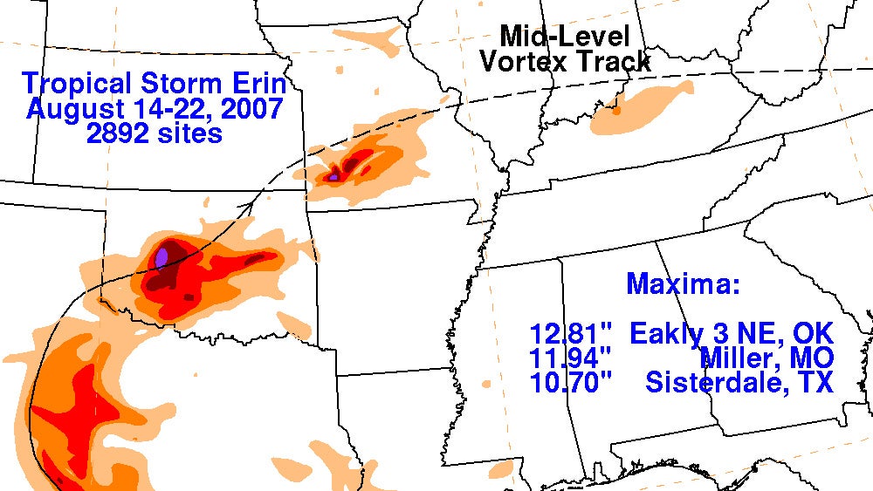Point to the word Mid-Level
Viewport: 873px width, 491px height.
(x=563, y=36)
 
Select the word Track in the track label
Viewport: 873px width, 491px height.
(x=618, y=61)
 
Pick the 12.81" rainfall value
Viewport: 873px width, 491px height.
(x=571, y=333)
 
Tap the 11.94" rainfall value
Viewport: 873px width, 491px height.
(x=571, y=358)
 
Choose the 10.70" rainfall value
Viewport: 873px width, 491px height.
(x=571, y=382)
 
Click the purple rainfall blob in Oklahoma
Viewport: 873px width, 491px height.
(x=162, y=257)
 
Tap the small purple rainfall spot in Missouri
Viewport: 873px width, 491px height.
(x=333, y=177)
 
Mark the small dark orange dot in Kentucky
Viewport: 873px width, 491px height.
(x=616, y=111)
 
